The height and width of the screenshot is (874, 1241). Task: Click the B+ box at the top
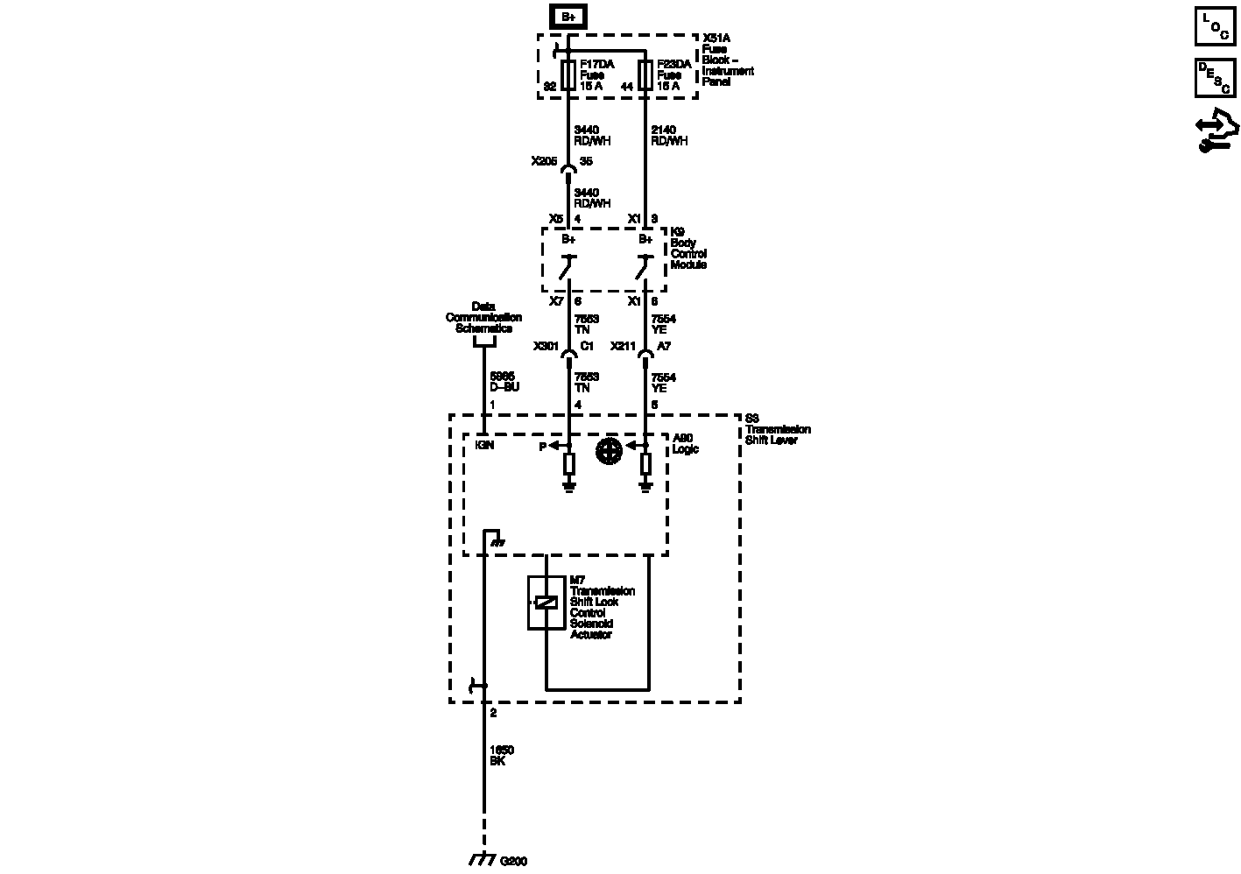[x=568, y=16]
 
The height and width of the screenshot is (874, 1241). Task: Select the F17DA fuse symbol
[x=568, y=75]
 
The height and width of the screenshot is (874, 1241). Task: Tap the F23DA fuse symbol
[x=645, y=75]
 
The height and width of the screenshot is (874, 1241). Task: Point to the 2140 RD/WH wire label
[x=669, y=136]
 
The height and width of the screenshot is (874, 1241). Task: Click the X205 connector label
[x=544, y=161]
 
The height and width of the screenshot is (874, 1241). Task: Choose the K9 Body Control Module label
[x=688, y=249]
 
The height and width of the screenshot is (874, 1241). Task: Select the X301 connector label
[x=546, y=346]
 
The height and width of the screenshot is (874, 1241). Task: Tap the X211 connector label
[x=623, y=346]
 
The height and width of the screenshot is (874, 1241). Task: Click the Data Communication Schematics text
[x=483, y=317]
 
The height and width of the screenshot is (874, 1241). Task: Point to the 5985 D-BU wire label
[x=504, y=382]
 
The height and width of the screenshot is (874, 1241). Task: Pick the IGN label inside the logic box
[x=483, y=446]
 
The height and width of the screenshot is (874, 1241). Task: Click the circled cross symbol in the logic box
[x=609, y=451]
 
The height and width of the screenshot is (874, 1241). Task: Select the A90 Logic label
[x=685, y=444]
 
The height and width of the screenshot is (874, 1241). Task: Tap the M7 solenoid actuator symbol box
[x=546, y=603]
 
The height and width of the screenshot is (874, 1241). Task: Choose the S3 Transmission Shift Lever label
[x=778, y=429]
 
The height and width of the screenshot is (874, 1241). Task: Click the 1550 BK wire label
[x=502, y=756]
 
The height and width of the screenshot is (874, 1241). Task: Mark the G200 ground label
[x=514, y=861]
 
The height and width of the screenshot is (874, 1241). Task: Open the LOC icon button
[x=1215, y=26]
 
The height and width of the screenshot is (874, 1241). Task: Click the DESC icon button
[x=1215, y=77]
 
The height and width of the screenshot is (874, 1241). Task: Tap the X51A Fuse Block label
[x=728, y=60]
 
